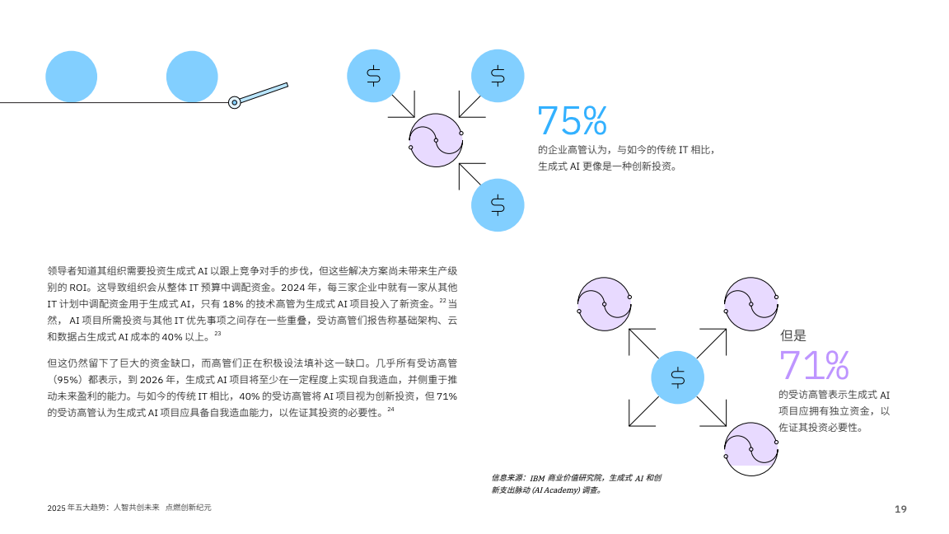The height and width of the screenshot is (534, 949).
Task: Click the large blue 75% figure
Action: [572, 120]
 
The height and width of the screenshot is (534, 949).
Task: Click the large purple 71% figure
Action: [813, 364]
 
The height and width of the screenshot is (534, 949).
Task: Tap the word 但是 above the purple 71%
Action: [792, 335]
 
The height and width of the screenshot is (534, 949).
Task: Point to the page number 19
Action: [900, 509]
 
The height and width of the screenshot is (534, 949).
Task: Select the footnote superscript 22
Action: [442, 300]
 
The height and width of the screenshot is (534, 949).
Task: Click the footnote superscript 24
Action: [390, 410]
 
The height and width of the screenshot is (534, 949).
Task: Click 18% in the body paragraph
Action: [233, 304]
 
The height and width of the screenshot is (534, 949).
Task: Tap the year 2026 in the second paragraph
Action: [151, 380]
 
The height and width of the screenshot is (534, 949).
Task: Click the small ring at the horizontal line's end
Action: [234, 102]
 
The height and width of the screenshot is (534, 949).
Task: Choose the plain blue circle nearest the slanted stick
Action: [192, 77]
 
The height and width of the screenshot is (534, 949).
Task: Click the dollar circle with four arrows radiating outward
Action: [677, 377]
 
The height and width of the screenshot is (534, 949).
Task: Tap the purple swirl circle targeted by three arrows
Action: [436, 140]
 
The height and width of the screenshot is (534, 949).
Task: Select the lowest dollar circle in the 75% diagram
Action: [498, 205]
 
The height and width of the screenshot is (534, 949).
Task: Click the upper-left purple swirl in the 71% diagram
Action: [604, 304]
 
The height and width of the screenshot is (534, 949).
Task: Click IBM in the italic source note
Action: [537, 478]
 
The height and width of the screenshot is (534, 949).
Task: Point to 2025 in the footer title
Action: [56, 508]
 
